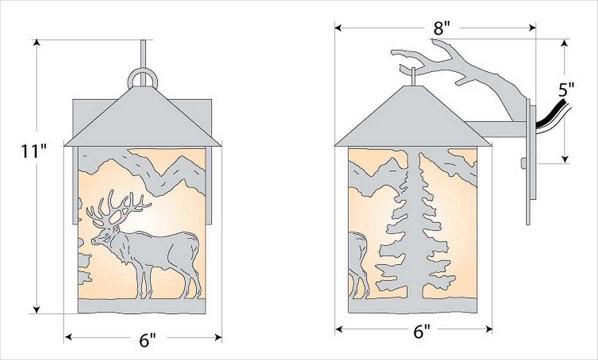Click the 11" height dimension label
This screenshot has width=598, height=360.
[34, 151]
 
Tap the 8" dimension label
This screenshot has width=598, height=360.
[442, 28]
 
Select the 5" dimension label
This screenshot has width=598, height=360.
[566, 90]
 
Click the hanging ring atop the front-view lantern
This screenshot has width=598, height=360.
[142, 78]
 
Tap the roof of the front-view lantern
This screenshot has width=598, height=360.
[142, 118]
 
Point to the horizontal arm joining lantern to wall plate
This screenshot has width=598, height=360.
[496, 129]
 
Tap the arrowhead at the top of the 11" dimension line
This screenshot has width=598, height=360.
[37, 42]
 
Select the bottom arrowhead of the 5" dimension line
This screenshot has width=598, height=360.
[565, 159]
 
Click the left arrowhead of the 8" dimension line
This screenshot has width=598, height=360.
[339, 27]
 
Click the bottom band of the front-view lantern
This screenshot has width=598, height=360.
[142, 306]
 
